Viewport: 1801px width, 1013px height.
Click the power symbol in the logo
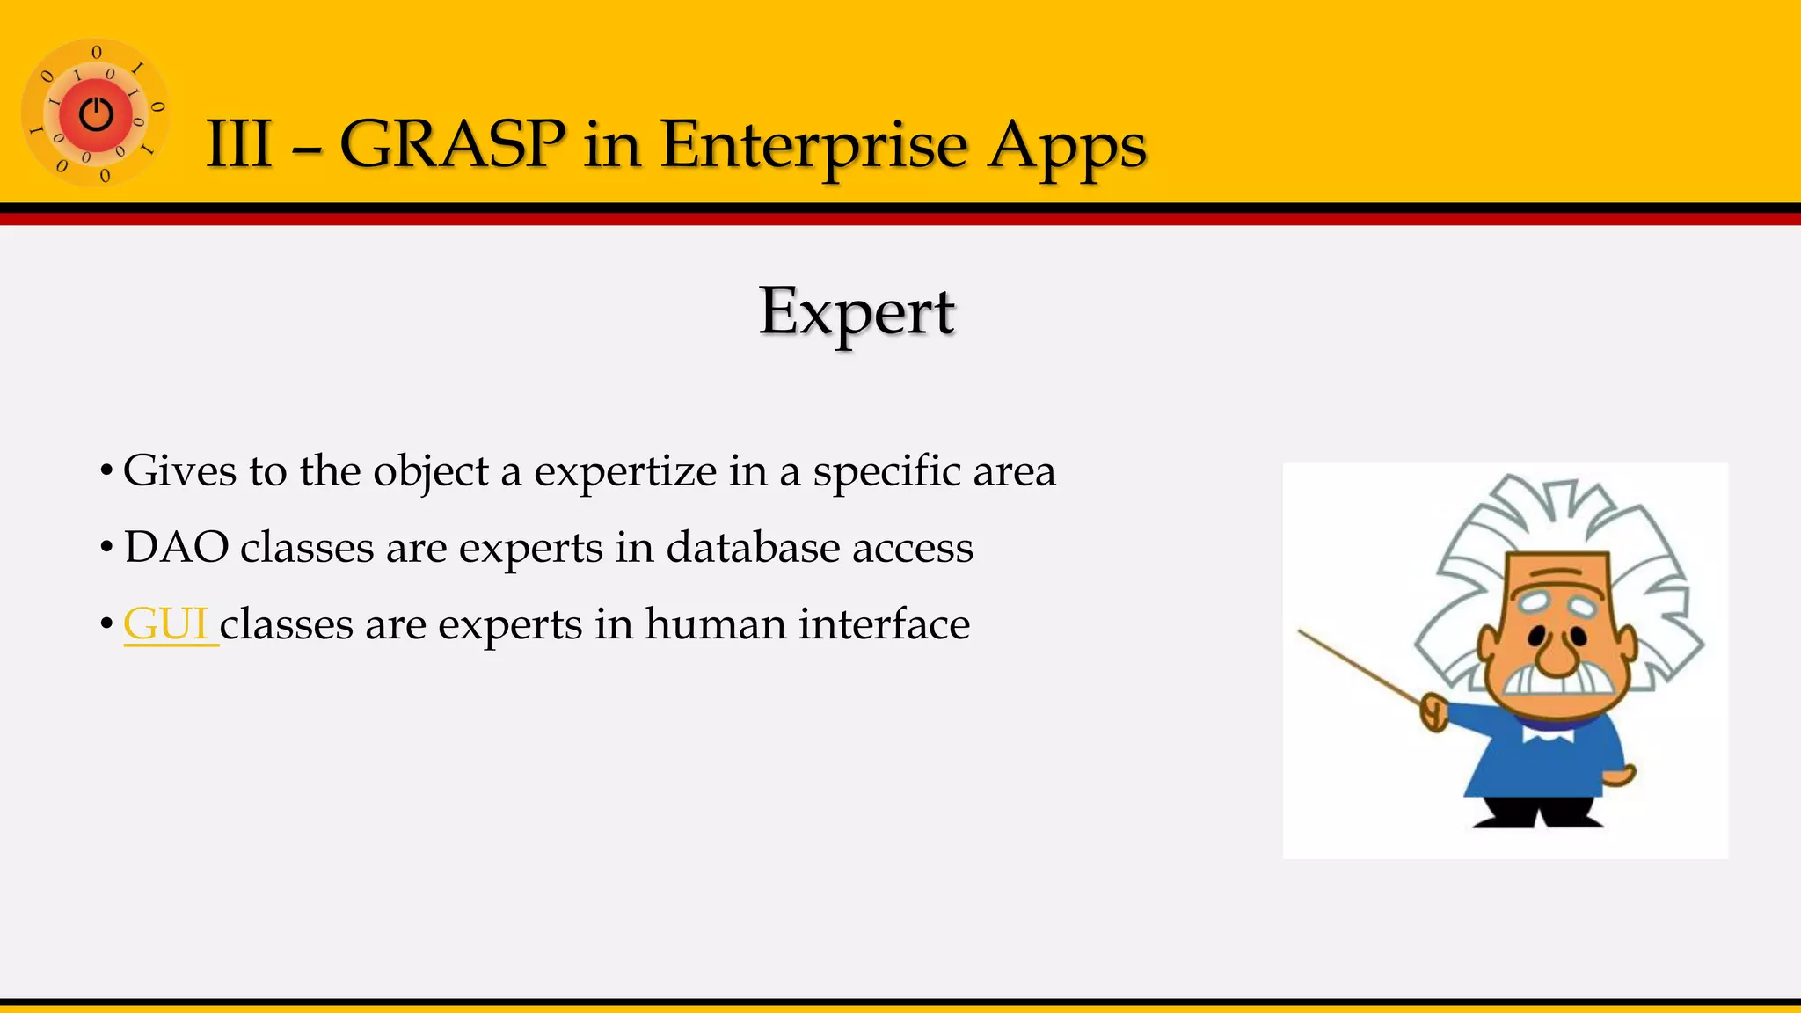coord(96,114)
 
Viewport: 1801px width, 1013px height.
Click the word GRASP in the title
coord(452,143)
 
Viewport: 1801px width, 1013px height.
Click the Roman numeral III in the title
coord(238,143)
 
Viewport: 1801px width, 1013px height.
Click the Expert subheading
coord(857,311)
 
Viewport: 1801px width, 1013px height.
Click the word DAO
coord(177,547)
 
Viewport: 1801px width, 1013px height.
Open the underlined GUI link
coord(166,623)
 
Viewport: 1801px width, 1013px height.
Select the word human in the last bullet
coord(715,623)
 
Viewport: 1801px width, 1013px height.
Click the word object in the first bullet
coord(431,472)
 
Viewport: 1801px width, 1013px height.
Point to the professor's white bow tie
coord(1549,732)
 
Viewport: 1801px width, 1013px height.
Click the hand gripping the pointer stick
coord(1434,711)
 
